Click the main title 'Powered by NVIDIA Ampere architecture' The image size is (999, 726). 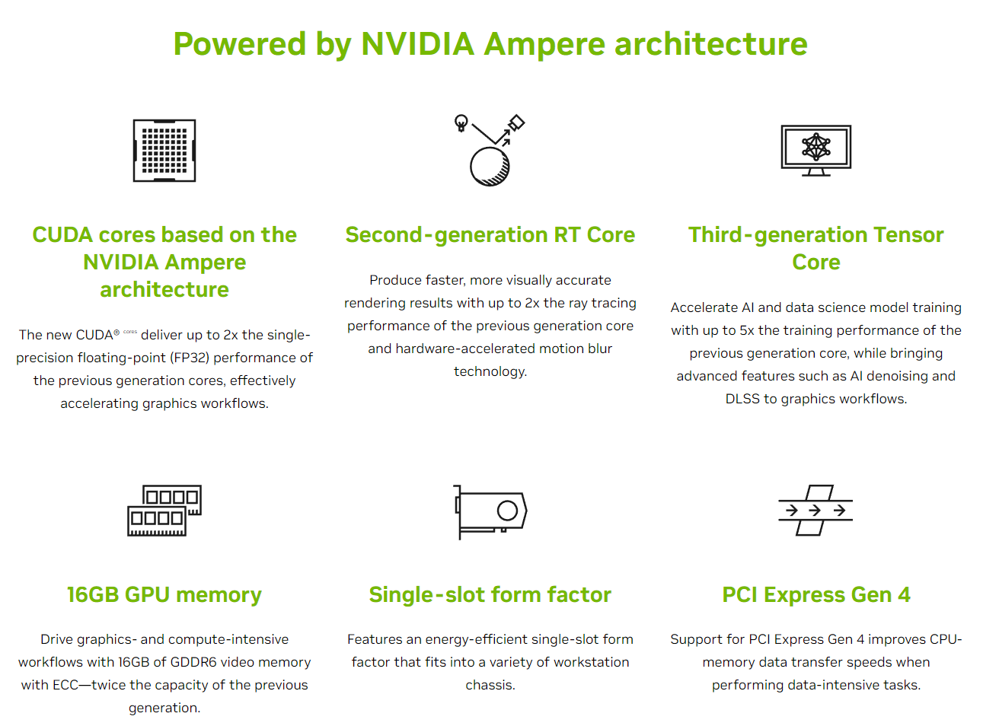pos(490,44)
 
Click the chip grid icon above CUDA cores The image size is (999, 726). pos(164,151)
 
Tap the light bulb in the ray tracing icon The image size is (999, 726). pos(461,123)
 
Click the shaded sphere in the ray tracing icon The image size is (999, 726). pos(490,167)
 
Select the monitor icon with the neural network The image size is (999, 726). pos(815,151)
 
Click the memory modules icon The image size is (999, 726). pos(164,511)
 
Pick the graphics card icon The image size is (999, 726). pos(490,511)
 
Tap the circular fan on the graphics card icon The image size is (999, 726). pos(507,511)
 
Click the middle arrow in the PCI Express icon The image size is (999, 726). pos(815,510)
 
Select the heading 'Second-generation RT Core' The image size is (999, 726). pos(490,235)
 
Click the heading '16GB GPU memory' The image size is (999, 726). pos(164,595)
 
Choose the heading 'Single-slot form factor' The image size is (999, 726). pos(490,594)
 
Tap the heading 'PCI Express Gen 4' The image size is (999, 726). pos(816,594)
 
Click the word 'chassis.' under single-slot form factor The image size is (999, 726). pos(490,685)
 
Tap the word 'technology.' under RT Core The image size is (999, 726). pos(490,371)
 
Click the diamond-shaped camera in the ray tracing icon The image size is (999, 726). pos(516,123)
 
